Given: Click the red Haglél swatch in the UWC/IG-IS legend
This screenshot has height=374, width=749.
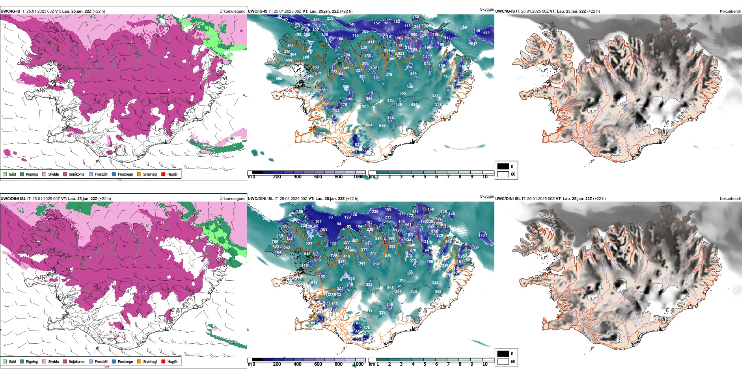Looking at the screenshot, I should point(164,174).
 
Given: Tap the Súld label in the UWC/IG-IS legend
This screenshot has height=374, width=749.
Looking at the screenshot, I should point(13,174).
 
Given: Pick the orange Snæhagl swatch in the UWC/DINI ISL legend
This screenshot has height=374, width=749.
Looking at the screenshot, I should point(139,361).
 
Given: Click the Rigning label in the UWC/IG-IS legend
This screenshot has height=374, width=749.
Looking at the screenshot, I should point(32,174).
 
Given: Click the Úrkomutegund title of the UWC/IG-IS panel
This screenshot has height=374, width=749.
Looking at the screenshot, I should point(232,11).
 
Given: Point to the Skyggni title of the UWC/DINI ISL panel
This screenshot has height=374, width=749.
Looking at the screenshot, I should point(487,196).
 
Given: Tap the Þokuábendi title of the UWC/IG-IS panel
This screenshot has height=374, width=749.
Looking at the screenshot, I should point(730,11).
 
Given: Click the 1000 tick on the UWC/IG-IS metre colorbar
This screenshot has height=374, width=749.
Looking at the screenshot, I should point(358,177).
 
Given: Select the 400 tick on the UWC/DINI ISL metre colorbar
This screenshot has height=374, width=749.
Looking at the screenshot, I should point(298,364).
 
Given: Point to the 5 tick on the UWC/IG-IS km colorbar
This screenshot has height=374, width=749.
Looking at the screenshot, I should point(425,177).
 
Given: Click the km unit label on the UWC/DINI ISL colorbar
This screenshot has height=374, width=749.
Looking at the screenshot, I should point(372,364).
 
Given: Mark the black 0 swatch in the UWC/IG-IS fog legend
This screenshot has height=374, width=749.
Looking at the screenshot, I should point(503,167).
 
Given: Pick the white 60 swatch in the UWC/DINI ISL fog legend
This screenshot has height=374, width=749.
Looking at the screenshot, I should point(503,361).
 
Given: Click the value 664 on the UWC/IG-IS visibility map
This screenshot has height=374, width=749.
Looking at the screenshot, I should point(369,125).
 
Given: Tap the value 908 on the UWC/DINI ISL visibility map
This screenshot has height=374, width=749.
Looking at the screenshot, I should point(390,288).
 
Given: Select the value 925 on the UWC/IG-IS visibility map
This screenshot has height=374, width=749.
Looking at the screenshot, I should point(365,106).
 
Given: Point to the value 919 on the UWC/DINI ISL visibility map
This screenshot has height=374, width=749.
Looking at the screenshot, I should point(314,283).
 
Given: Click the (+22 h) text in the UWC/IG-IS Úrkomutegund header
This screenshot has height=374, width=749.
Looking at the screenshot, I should point(99,11).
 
